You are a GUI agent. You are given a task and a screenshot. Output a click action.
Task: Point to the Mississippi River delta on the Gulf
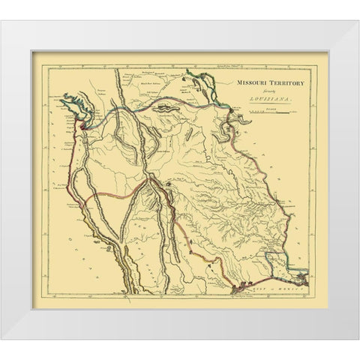tap(301, 277)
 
